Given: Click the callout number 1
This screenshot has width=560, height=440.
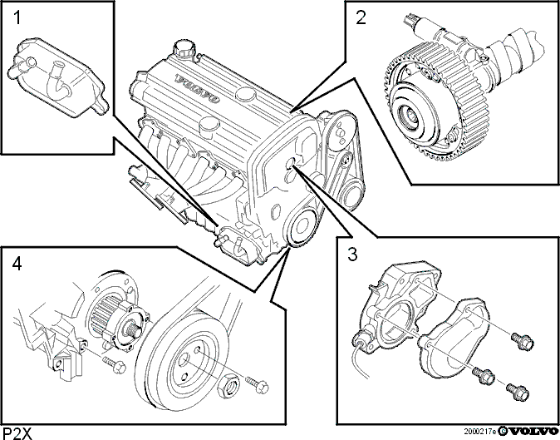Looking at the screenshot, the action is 17,17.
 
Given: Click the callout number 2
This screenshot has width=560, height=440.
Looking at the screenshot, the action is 361,17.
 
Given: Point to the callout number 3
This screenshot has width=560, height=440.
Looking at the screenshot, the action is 351,255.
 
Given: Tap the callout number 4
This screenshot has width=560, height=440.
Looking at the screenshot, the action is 17,264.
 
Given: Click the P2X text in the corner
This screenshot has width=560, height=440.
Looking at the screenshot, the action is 17,433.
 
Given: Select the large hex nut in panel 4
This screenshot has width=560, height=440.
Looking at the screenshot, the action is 228,386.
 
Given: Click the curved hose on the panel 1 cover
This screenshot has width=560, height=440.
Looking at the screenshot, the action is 58,81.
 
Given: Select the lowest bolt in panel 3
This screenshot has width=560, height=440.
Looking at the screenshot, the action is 517,391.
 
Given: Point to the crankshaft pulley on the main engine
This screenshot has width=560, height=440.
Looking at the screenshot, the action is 302,227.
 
